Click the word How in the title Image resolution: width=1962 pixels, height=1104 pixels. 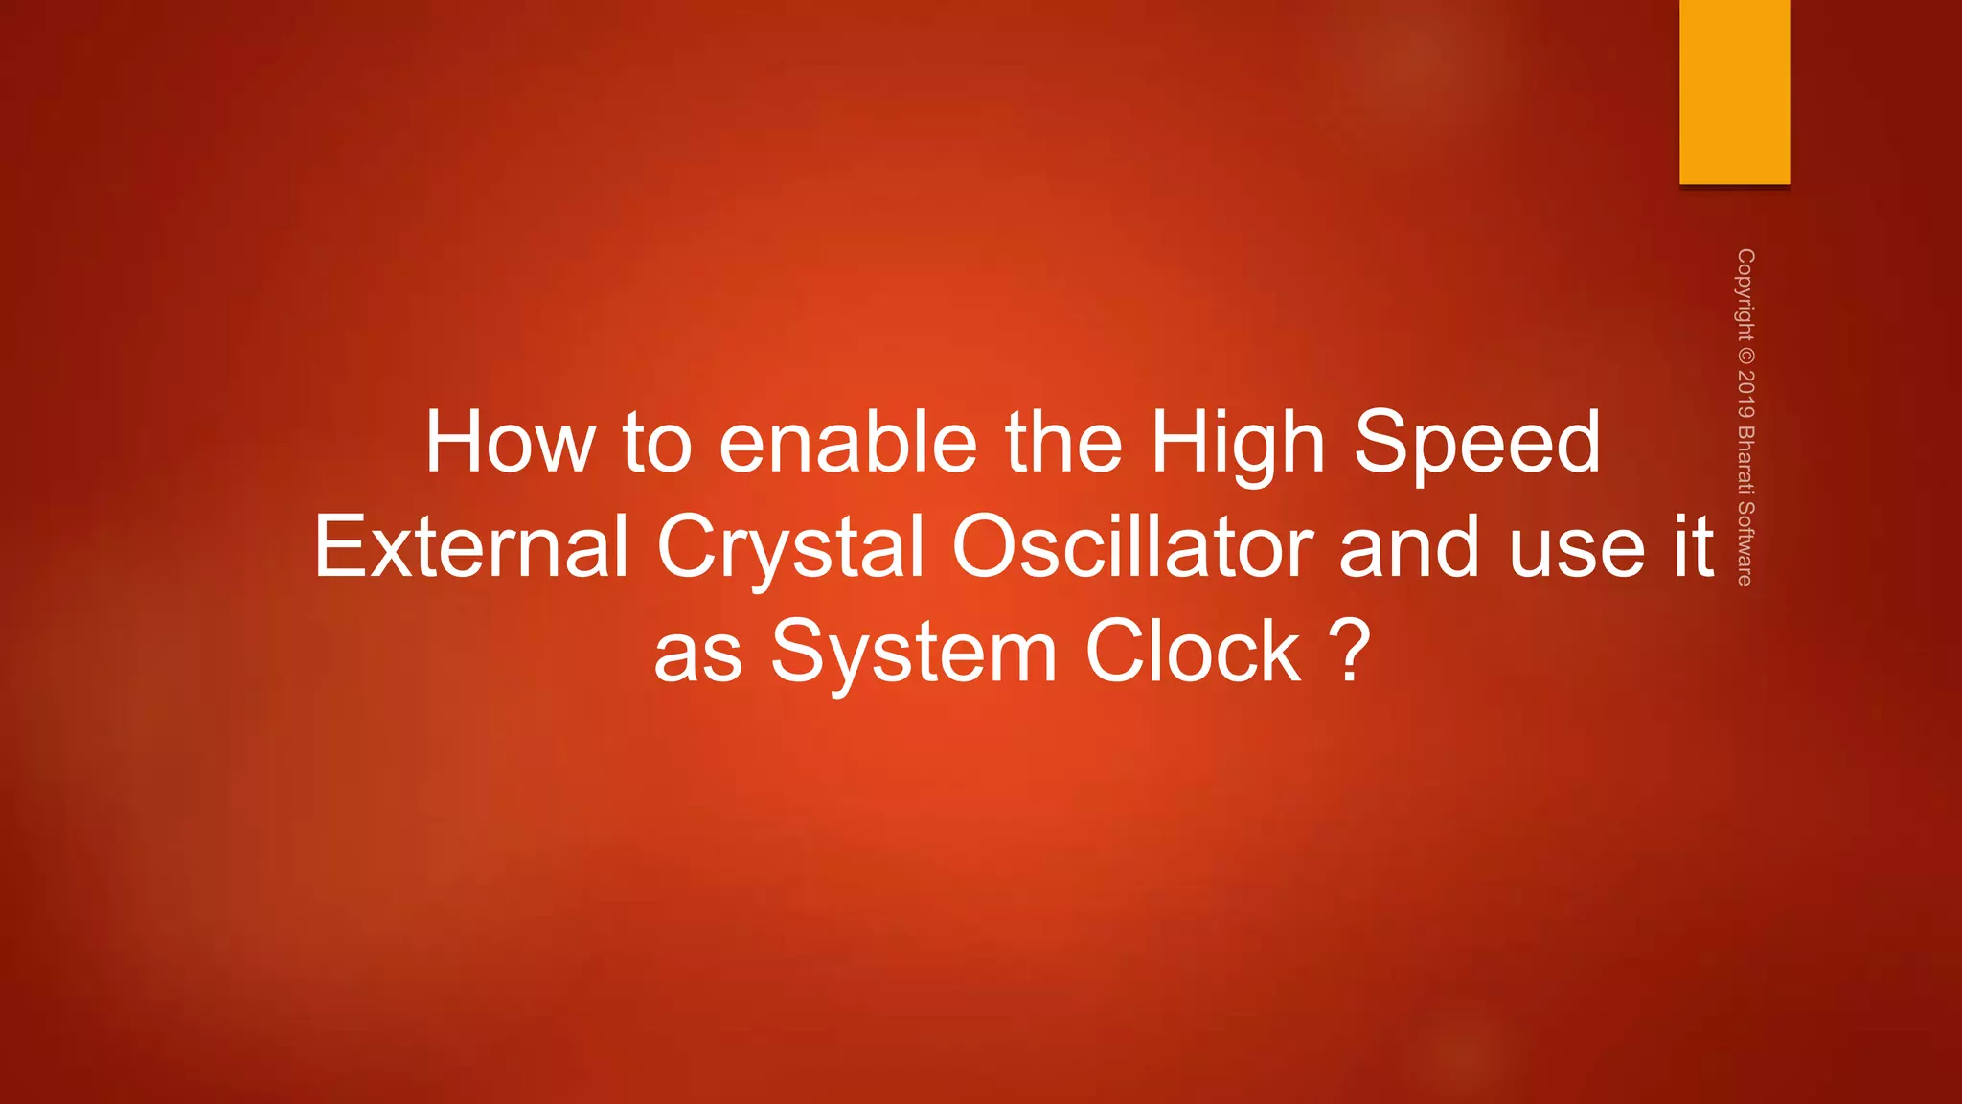point(509,442)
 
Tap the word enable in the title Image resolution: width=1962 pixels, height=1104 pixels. point(848,442)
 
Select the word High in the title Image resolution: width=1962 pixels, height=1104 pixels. point(1238,444)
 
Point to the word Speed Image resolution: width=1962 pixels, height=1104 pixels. point(1476,444)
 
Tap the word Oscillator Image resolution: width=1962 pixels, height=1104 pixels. point(1132,547)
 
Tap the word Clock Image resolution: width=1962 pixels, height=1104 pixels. point(1194,652)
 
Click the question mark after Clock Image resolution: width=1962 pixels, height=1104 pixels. point(1351,652)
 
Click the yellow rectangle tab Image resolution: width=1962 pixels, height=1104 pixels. point(1734,92)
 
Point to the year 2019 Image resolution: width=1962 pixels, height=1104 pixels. point(1745,394)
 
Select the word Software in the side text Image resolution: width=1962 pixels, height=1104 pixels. point(1745,543)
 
